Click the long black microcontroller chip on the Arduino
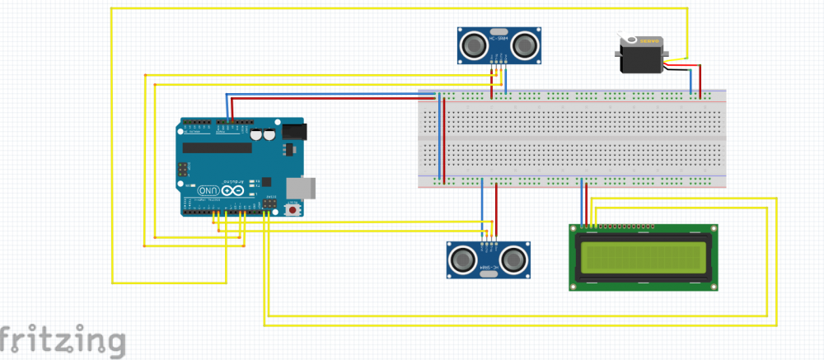(x=218, y=148)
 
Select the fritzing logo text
(x=63, y=340)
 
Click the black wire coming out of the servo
(x=681, y=70)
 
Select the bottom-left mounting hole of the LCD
(x=575, y=285)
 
